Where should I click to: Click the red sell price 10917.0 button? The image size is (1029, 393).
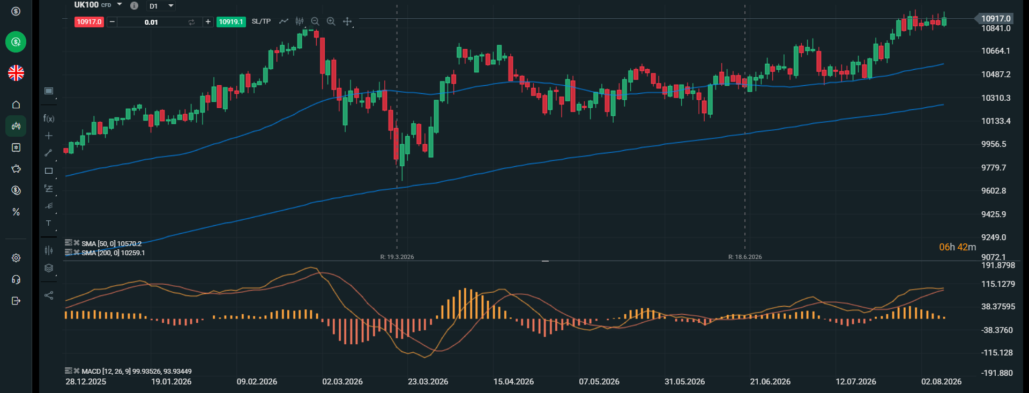tap(89, 22)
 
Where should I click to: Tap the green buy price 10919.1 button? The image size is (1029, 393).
tap(231, 22)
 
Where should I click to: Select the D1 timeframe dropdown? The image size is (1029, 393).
tap(161, 6)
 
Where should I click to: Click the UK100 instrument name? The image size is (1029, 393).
tap(86, 5)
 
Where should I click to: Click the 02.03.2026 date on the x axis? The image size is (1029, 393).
tap(342, 382)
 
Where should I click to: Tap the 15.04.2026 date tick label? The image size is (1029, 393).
tap(513, 382)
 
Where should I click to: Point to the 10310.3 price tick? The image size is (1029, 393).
tap(996, 98)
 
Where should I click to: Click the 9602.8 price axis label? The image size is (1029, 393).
tap(994, 191)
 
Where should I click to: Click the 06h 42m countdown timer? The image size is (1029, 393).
tap(958, 247)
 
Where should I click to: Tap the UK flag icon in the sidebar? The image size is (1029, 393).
tap(16, 73)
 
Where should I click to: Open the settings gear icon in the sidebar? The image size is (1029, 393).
tap(16, 258)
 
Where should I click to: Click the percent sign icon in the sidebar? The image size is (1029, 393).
tap(16, 212)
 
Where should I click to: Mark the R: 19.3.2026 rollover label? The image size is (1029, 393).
tap(397, 257)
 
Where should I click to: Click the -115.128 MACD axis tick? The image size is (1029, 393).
tap(997, 353)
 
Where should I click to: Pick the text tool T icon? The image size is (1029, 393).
tap(49, 223)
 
